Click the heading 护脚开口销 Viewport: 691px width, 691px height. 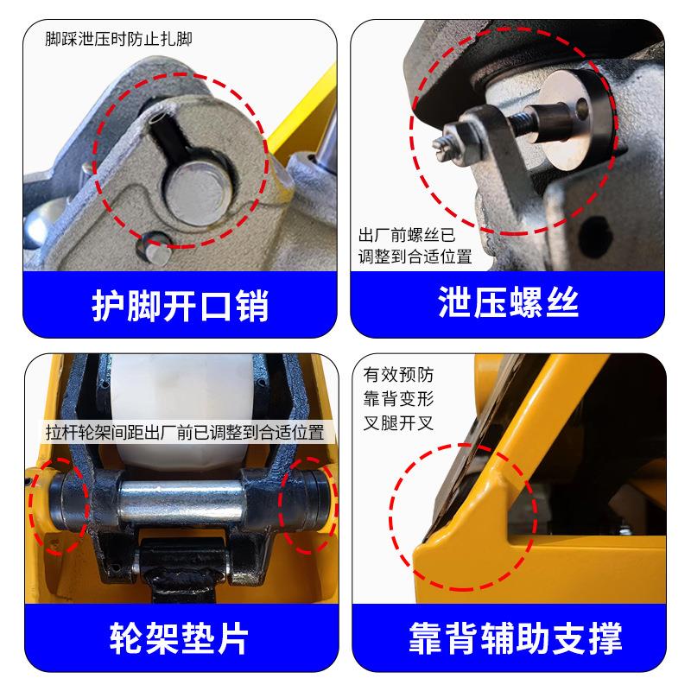coord(180,306)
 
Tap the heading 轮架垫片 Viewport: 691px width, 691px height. coord(180,639)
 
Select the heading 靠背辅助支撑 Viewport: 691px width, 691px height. coord(515,639)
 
